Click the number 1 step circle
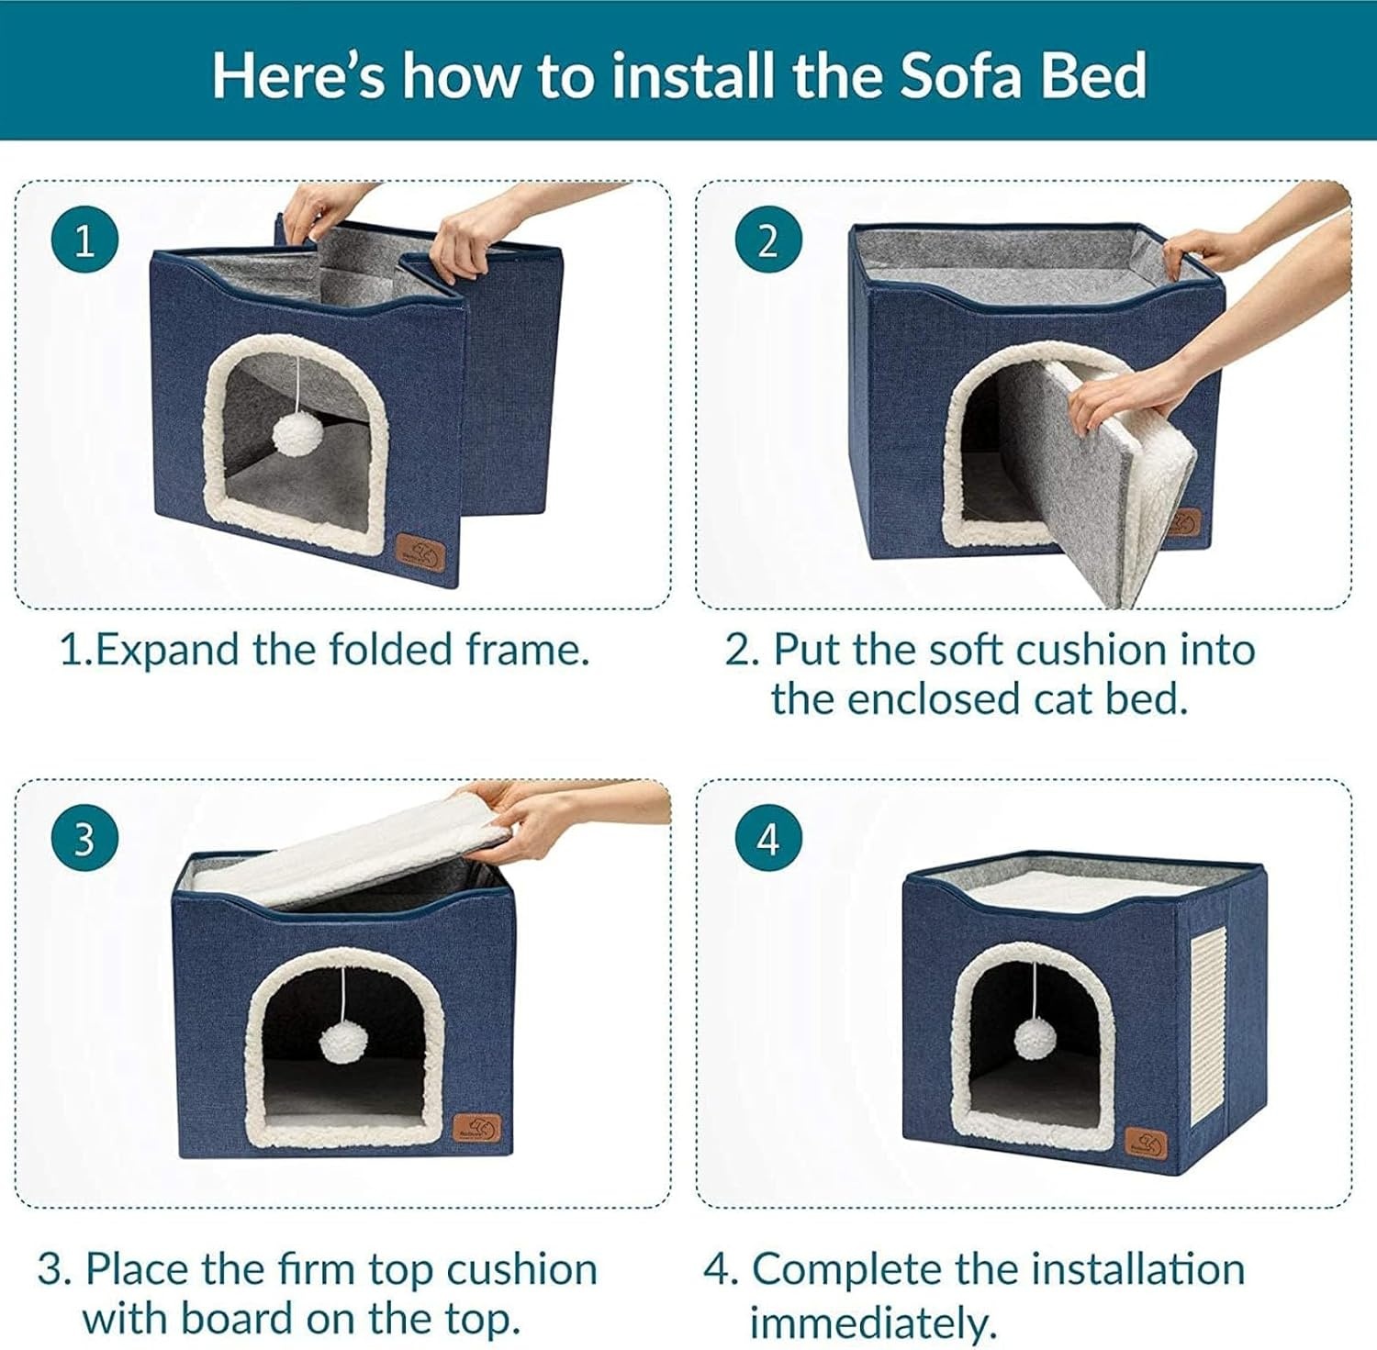pyautogui.click(x=85, y=241)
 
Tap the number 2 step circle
pyautogui.click(x=769, y=241)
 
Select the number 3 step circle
pyautogui.click(x=85, y=839)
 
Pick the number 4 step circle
pyautogui.click(x=769, y=839)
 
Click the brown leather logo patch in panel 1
pyautogui.click(x=420, y=555)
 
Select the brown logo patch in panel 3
pyautogui.click(x=477, y=1128)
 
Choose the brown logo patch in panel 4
pyautogui.click(x=1147, y=1144)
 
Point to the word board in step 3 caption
pyautogui.click(x=239, y=1320)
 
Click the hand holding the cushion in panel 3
pyautogui.click(x=532, y=815)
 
